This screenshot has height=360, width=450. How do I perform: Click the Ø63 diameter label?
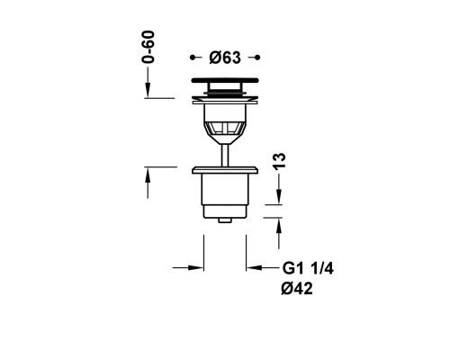point(225,58)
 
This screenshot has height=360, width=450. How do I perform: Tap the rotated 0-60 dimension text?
point(148,47)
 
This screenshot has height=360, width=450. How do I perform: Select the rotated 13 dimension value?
point(280,161)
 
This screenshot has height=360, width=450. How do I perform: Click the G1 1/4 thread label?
point(308,268)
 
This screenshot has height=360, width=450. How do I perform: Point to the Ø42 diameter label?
point(297,289)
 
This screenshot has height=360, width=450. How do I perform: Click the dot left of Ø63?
point(193,58)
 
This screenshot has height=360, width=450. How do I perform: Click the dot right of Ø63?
point(257,58)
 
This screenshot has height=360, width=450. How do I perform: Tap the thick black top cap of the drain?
point(225,80)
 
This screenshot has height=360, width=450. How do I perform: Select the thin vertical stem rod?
point(225,155)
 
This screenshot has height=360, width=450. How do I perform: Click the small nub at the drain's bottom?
point(225,220)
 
